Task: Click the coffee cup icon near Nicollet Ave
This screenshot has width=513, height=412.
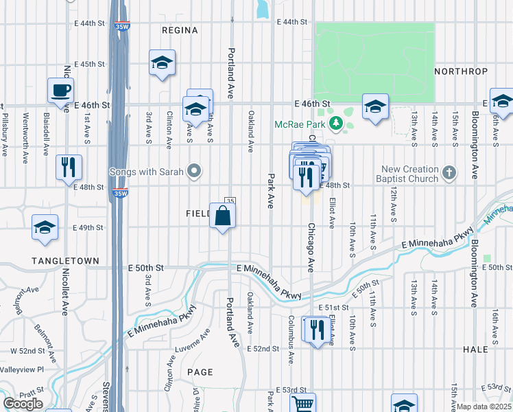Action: [60, 89]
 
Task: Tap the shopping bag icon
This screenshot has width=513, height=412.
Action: [223, 216]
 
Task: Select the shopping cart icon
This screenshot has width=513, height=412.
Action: [302, 404]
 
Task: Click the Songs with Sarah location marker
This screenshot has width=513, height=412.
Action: [194, 170]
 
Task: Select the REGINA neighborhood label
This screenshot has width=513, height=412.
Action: [180, 30]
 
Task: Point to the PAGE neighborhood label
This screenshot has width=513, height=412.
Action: [200, 371]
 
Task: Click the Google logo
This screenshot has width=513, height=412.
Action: [23, 404]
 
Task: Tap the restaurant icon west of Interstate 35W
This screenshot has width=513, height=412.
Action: [69, 167]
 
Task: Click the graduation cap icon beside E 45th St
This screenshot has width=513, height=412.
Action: [162, 63]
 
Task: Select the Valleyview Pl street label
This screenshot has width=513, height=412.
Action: [22, 369]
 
